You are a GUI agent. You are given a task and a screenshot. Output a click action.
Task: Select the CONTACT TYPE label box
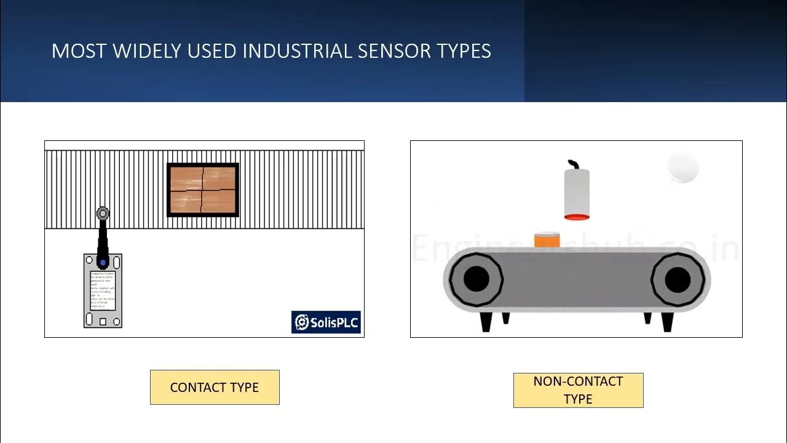pos(215,387)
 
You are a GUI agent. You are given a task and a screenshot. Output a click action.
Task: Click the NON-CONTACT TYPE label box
pos(578,390)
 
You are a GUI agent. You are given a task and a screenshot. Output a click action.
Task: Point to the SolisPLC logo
pos(326,322)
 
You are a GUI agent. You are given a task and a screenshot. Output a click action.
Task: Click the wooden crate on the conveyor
pos(202,190)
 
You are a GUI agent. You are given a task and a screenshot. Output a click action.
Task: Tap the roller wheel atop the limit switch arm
pos(103,214)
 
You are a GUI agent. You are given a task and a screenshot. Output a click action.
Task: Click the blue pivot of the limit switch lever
pos(103,263)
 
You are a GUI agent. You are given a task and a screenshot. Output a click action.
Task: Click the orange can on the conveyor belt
pos(547,240)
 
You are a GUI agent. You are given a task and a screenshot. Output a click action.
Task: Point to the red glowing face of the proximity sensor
pos(577,217)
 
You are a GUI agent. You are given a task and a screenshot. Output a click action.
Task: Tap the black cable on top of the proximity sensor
pos(574,164)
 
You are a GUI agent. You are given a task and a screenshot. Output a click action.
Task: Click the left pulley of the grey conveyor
pos(476,279)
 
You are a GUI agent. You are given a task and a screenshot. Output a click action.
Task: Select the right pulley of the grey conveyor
pos(678,279)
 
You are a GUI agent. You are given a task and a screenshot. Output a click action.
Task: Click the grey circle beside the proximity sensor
pos(682,168)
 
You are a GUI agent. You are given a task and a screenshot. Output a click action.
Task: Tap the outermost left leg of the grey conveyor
pos(485,321)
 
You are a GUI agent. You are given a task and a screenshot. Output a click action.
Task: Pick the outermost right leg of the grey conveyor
pos(668,321)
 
